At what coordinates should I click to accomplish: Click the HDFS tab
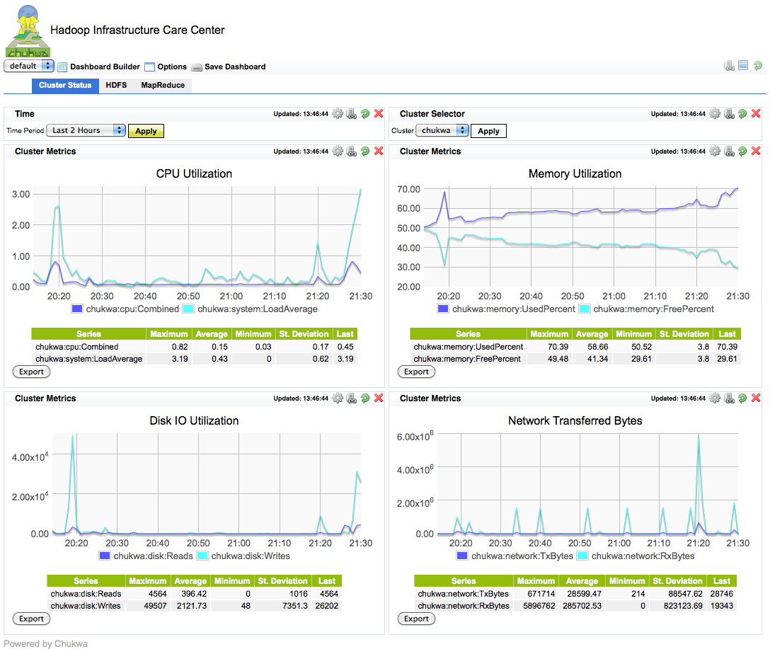(x=116, y=86)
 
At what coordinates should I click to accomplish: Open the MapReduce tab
(x=163, y=86)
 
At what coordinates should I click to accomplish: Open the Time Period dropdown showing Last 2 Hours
(x=86, y=130)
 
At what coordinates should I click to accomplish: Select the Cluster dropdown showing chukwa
(x=442, y=130)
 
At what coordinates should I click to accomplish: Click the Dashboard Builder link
(x=105, y=67)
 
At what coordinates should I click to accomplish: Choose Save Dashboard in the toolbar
(x=235, y=67)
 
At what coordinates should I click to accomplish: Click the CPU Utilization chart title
(x=194, y=173)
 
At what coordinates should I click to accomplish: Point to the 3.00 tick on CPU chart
(x=21, y=194)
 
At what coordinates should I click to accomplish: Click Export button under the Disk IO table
(x=32, y=619)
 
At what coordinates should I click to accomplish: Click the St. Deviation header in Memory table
(x=684, y=334)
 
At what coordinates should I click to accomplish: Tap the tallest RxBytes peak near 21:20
(x=699, y=436)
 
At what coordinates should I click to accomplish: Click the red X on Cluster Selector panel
(x=756, y=113)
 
